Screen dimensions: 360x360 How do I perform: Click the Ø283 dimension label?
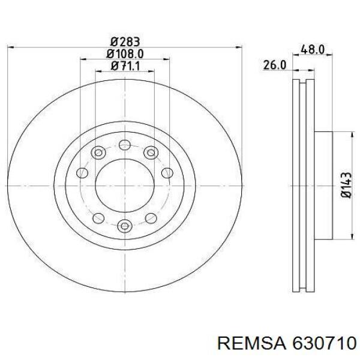[x=125, y=41]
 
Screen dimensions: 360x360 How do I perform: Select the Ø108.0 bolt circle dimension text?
[x=125, y=54]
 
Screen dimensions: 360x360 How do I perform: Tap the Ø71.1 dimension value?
[x=125, y=66]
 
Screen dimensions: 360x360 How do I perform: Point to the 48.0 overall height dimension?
[x=313, y=50]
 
